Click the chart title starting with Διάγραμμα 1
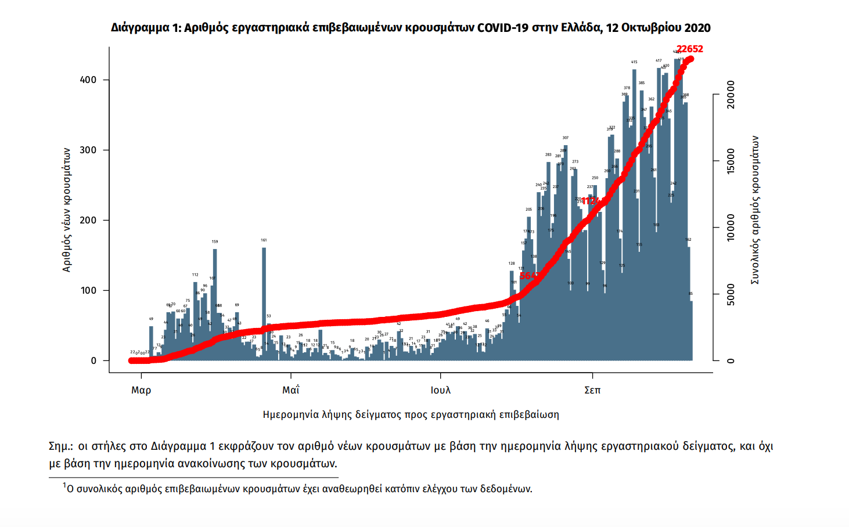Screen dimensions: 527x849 click(x=411, y=28)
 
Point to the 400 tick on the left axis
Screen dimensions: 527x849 click(x=88, y=80)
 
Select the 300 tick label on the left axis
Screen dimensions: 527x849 click(x=88, y=150)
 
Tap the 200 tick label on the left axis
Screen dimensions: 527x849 click(x=88, y=221)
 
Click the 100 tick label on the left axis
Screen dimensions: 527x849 click(x=88, y=291)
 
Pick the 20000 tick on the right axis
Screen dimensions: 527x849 click(x=731, y=95)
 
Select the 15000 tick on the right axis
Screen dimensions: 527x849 click(x=731, y=161)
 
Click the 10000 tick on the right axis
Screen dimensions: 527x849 click(x=731, y=228)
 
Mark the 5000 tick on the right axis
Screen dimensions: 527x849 click(x=731, y=294)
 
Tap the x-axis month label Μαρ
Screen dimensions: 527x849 click(x=141, y=390)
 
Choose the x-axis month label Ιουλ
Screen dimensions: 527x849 click(x=441, y=390)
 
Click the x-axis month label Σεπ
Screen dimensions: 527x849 click(x=592, y=390)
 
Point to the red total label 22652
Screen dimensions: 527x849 click(x=690, y=49)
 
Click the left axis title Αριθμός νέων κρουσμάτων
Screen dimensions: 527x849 click(x=67, y=210)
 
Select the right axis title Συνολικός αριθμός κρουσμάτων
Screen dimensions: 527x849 click(x=755, y=210)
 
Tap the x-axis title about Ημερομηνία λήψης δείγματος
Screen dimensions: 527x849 click(x=411, y=414)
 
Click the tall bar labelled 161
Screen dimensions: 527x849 click(x=264, y=302)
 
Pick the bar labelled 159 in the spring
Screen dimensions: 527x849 click(x=215, y=302)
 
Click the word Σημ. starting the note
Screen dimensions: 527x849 click(x=60, y=446)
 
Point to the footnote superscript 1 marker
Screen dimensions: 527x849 click(x=64, y=485)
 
